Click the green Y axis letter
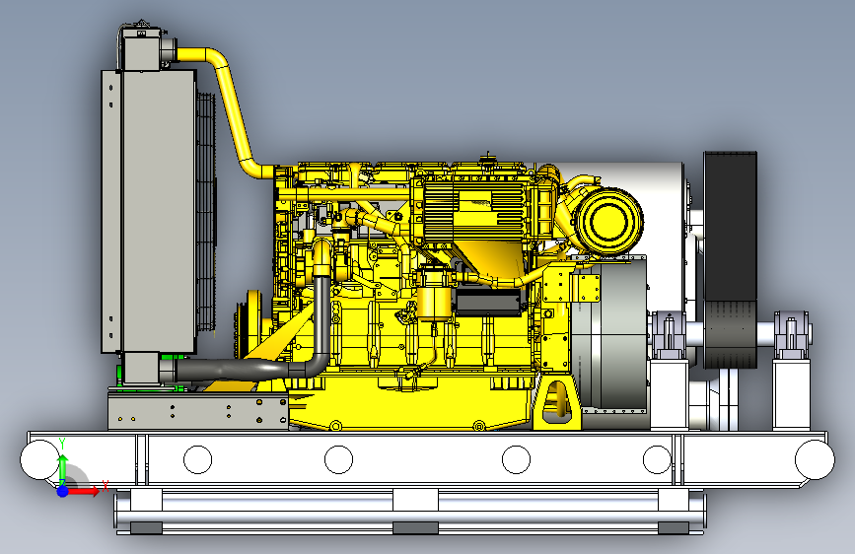62,444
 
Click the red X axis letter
105,485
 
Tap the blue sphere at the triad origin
63,491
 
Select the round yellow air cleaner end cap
609,222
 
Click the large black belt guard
730,259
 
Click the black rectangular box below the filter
487,302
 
